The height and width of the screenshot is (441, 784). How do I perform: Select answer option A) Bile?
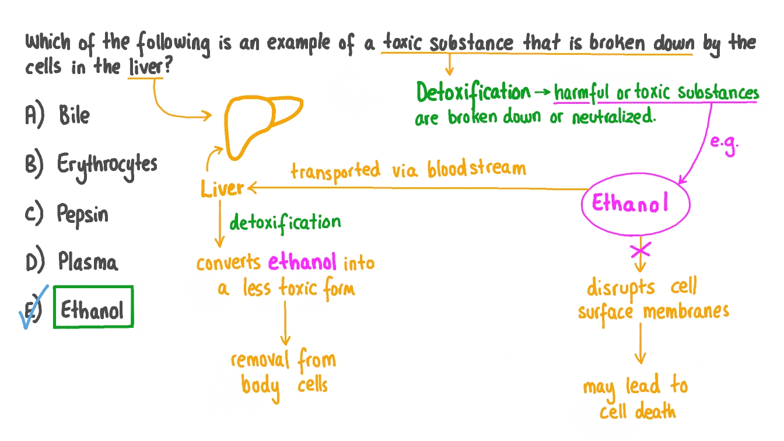point(73,116)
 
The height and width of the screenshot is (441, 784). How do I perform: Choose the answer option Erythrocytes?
point(107,166)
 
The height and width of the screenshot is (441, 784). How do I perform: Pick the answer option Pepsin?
point(82,215)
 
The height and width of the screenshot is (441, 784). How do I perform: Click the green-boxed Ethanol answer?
point(93,307)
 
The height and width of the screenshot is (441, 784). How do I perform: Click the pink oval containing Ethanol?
point(635,204)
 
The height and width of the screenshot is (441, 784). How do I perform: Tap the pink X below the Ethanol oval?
point(641,250)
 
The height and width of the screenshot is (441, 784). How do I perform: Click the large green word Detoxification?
point(473,92)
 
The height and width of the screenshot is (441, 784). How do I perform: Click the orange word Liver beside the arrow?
point(222,188)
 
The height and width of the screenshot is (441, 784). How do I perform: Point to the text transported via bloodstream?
point(408,170)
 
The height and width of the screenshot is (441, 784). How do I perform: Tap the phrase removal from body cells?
point(283,372)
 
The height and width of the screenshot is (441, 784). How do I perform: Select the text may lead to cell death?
point(636,398)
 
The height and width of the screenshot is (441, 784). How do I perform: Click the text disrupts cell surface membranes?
point(653,300)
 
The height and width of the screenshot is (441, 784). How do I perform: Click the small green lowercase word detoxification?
point(285,222)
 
